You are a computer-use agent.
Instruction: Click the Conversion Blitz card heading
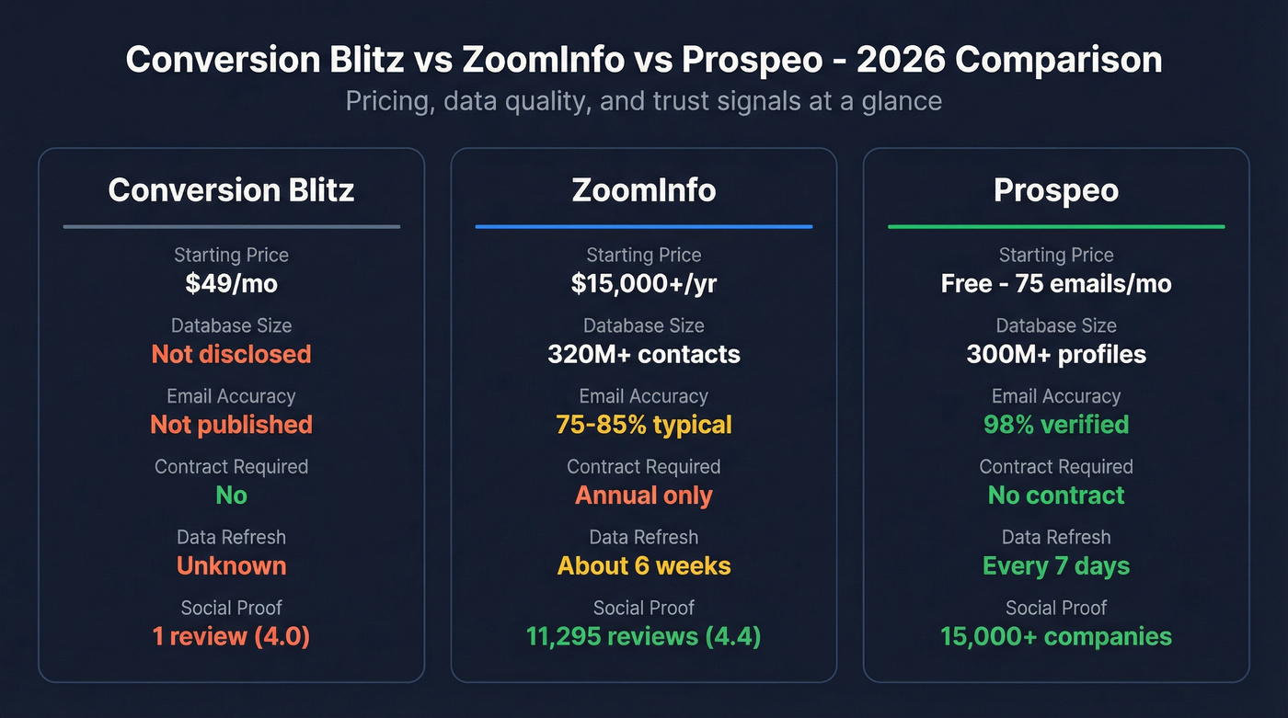click(231, 190)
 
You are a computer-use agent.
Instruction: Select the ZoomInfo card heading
click(643, 190)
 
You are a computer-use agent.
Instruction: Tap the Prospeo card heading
click(1055, 190)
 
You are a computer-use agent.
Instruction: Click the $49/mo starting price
click(231, 283)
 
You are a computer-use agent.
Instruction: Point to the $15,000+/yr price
click(643, 283)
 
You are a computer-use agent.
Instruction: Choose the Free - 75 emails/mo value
click(1055, 283)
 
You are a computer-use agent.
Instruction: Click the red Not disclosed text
click(231, 354)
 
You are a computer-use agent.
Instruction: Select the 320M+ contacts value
click(643, 354)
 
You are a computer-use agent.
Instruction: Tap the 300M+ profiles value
click(1055, 354)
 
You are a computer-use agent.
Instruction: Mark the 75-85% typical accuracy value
click(643, 425)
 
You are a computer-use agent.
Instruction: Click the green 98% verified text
click(1055, 425)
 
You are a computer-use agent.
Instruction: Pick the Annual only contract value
click(643, 496)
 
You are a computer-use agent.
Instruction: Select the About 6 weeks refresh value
click(643, 565)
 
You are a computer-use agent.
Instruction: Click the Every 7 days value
click(1055, 565)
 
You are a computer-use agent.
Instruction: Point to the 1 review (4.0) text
click(231, 636)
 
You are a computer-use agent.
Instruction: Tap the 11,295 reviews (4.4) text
click(643, 636)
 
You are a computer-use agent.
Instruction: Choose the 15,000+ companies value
click(1055, 636)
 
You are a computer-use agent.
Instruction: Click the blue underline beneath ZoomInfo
click(643, 226)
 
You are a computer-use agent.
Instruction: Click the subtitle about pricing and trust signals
click(643, 100)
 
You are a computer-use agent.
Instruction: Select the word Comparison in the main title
click(1058, 60)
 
